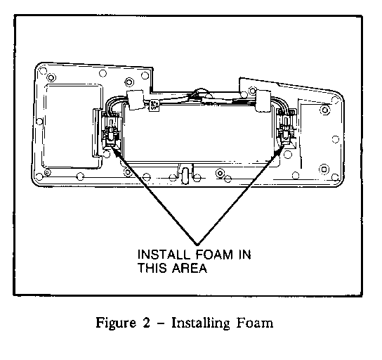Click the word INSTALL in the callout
(x=164, y=255)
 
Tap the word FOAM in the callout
(x=214, y=255)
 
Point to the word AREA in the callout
(x=190, y=268)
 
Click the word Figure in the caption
(x=116, y=323)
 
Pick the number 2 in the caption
(x=146, y=323)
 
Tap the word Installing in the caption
(x=201, y=323)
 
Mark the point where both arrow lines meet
(x=197, y=244)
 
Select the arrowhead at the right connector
(x=279, y=150)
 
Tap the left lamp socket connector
(x=111, y=131)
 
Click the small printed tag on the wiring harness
(x=154, y=105)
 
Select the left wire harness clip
(x=136, y=99)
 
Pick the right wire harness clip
(x=263, y=101)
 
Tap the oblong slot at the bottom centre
(x=185, y=174)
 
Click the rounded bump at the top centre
(x=200, y=93)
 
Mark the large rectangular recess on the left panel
(x=72, y=127)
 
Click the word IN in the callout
(x=244, y=255)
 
